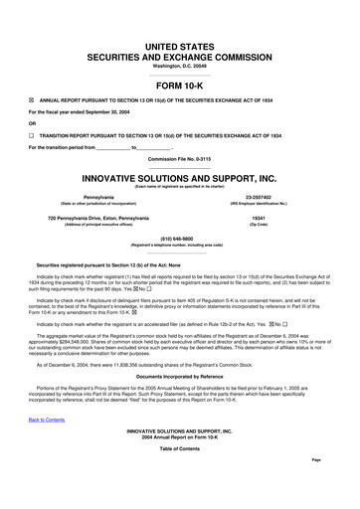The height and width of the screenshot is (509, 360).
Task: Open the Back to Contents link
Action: (48, 448)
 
